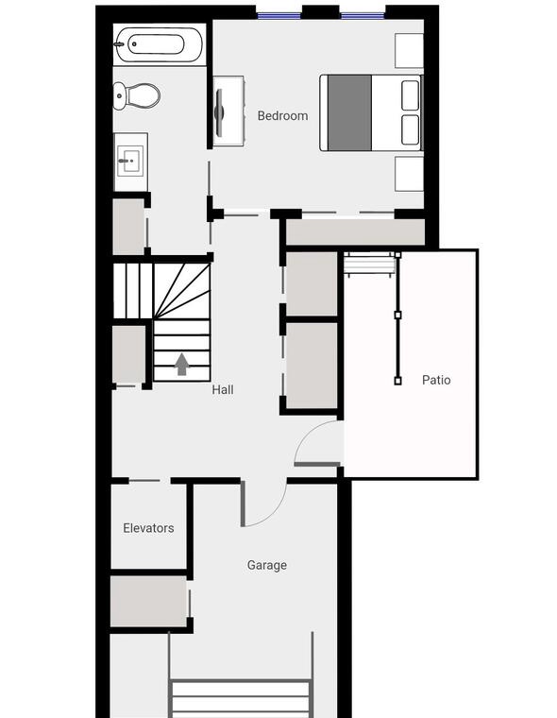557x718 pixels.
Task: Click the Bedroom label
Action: click(x=282, y=116)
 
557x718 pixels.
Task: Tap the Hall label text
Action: click(x=223, y=389)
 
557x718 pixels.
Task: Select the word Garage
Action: click(x=267, y=566)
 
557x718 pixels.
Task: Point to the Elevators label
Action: click(x=148, y=528)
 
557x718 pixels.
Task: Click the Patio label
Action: click(x=436, y=380)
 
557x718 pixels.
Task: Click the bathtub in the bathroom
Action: click(x=159, y=44)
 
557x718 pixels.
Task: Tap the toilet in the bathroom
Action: click(x=136, y=95)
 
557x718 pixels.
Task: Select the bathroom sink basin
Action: click(x=130, y=161)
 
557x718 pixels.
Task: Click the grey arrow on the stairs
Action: click(x=182, y=364)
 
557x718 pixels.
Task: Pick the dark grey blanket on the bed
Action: click(x=349, y=112)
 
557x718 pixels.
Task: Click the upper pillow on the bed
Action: click(x=410, y=95)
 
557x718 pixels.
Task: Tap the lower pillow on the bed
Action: click(x=410, y=129)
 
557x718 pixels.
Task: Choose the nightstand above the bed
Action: click(x=409, y=50)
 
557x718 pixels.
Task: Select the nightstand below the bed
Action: click(x=409, y=174)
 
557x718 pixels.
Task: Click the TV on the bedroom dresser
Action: click(x=219, y=112)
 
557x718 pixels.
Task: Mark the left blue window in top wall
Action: click(x=278, y=16)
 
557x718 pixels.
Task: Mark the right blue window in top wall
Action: click(x=363, y=16)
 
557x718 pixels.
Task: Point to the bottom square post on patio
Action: click(x=397, y=381)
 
